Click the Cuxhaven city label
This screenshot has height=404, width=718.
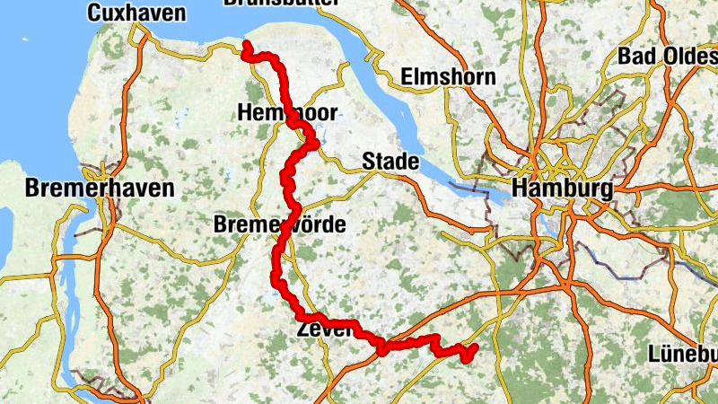click(136, 13)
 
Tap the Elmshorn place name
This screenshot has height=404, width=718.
click(448, 76)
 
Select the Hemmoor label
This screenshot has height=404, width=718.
click(286, 113)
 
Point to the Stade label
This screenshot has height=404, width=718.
click(390, 162)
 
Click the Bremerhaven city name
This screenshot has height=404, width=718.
click(100, 189)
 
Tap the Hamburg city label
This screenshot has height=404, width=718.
click(562, 189)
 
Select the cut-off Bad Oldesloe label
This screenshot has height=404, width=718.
click(667, 56)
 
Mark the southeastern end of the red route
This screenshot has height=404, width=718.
click(474, 347)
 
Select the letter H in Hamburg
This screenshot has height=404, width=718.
click(520, 189)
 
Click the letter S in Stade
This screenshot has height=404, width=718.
click(368, 162)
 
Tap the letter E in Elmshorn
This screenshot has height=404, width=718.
click(407, 76)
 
